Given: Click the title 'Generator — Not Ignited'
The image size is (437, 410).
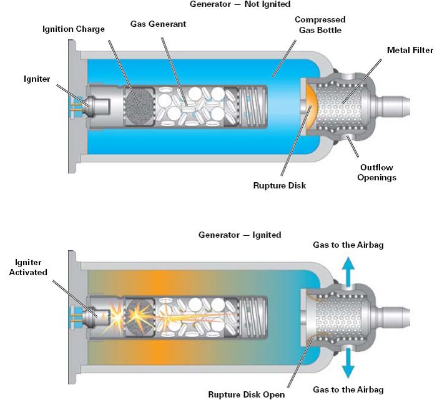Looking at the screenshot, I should [240, 4].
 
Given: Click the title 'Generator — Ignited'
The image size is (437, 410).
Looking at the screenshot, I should [240, 235].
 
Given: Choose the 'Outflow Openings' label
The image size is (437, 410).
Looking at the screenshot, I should [378, 172].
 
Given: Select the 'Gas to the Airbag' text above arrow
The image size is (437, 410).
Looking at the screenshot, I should [348, 245].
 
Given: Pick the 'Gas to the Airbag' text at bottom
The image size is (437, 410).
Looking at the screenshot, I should [348, 389].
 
